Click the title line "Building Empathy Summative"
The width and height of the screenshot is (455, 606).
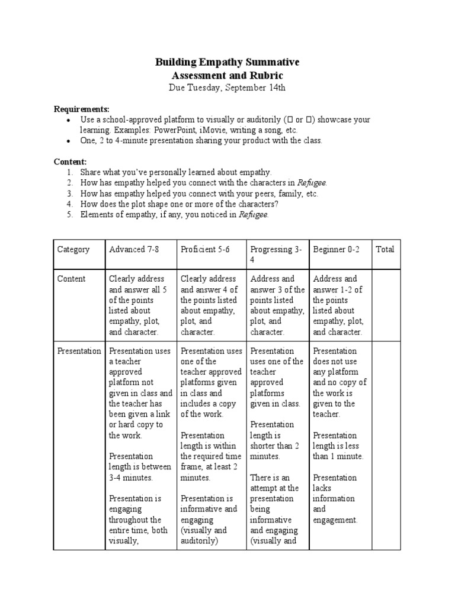(227, 62)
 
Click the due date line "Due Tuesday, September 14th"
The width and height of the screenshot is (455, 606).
(227, 88)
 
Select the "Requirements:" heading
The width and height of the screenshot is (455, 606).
(82, 109)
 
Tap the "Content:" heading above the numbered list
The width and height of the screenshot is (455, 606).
(71, 162)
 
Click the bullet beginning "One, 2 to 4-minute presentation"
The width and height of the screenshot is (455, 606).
(201, 141)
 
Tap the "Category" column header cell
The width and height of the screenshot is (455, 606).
(73, 249)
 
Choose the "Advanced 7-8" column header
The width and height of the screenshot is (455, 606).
(134, 249)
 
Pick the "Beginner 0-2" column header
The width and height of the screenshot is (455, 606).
(336, 249)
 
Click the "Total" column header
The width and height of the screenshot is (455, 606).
(385, 249)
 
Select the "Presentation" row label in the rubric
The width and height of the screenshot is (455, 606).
(79, 351)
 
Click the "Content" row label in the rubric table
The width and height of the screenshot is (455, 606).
(72, 279)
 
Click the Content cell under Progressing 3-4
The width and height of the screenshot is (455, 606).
(277, 305)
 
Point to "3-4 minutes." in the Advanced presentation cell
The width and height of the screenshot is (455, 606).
(131, 477)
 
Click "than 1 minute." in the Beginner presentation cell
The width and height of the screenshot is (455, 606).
(338, 456)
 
